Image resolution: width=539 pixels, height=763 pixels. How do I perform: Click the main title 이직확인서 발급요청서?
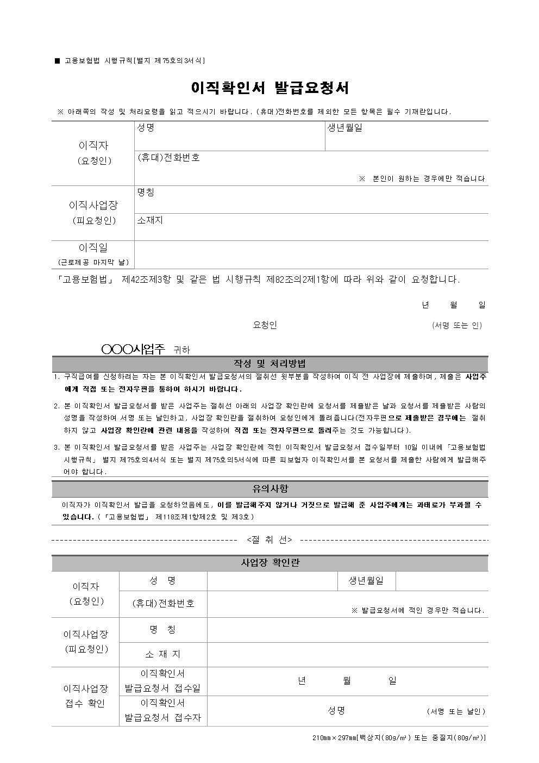[x=269, y=88]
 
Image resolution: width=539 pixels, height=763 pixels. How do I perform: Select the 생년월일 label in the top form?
[x=344, y=128]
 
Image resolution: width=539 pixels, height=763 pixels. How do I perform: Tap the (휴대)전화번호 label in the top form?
[x=168, y=158]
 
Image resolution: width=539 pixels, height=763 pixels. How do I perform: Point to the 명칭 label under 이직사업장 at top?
[x=146, y=193]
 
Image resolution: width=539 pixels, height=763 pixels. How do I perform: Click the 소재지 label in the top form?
[x=150, y=220]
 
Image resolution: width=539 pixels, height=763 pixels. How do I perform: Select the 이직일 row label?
[x=93, y=248]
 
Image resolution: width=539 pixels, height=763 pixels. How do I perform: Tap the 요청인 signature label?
[x=265, y=325]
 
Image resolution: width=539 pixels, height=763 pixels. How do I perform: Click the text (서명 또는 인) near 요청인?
[x=456, y=325]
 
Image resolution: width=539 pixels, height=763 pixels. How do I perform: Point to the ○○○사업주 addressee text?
[x=133, y=350]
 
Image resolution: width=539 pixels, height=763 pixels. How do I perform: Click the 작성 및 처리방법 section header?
[x=269, y=364]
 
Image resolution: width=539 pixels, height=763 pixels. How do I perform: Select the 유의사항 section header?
[x=269, y=489]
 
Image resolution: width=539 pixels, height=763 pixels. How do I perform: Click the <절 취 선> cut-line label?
[x=269, y=539]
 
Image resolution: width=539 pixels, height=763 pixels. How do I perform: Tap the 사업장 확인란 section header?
[x=269, y=563]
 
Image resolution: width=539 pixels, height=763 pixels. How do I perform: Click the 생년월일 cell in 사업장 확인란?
[x=366, y=581]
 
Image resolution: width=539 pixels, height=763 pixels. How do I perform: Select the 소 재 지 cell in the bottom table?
[x=162, y=654]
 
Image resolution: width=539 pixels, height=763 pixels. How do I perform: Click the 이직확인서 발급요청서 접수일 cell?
[x=162, y=681]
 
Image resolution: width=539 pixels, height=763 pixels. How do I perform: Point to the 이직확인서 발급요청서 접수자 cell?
[x=162, y=710]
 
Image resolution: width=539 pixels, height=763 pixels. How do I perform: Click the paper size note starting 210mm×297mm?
[x=399, y=738]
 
